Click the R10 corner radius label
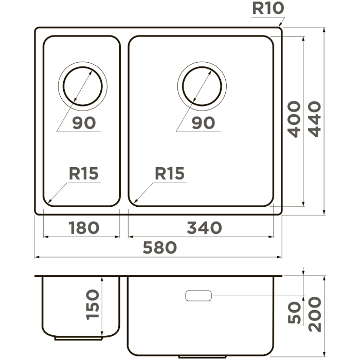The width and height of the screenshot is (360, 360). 268,8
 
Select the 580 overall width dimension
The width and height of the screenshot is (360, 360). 160,247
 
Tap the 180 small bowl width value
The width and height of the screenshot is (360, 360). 84,228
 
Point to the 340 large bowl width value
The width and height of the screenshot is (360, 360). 204,228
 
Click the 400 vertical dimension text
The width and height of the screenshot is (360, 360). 294,119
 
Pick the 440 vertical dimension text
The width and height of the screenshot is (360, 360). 314,119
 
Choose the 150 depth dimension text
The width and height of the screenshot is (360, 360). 93,304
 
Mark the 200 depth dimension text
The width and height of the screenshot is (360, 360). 315,315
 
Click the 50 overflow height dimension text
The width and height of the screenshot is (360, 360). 294,313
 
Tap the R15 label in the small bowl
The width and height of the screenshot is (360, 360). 83,173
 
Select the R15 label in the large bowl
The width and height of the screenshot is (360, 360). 170,173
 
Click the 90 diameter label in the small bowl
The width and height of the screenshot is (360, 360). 84,122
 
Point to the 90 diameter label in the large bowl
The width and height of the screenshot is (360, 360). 204,122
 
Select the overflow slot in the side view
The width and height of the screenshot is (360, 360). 199,296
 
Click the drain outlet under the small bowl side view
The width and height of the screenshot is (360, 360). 78,338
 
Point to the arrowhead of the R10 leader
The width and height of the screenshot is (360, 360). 280,26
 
